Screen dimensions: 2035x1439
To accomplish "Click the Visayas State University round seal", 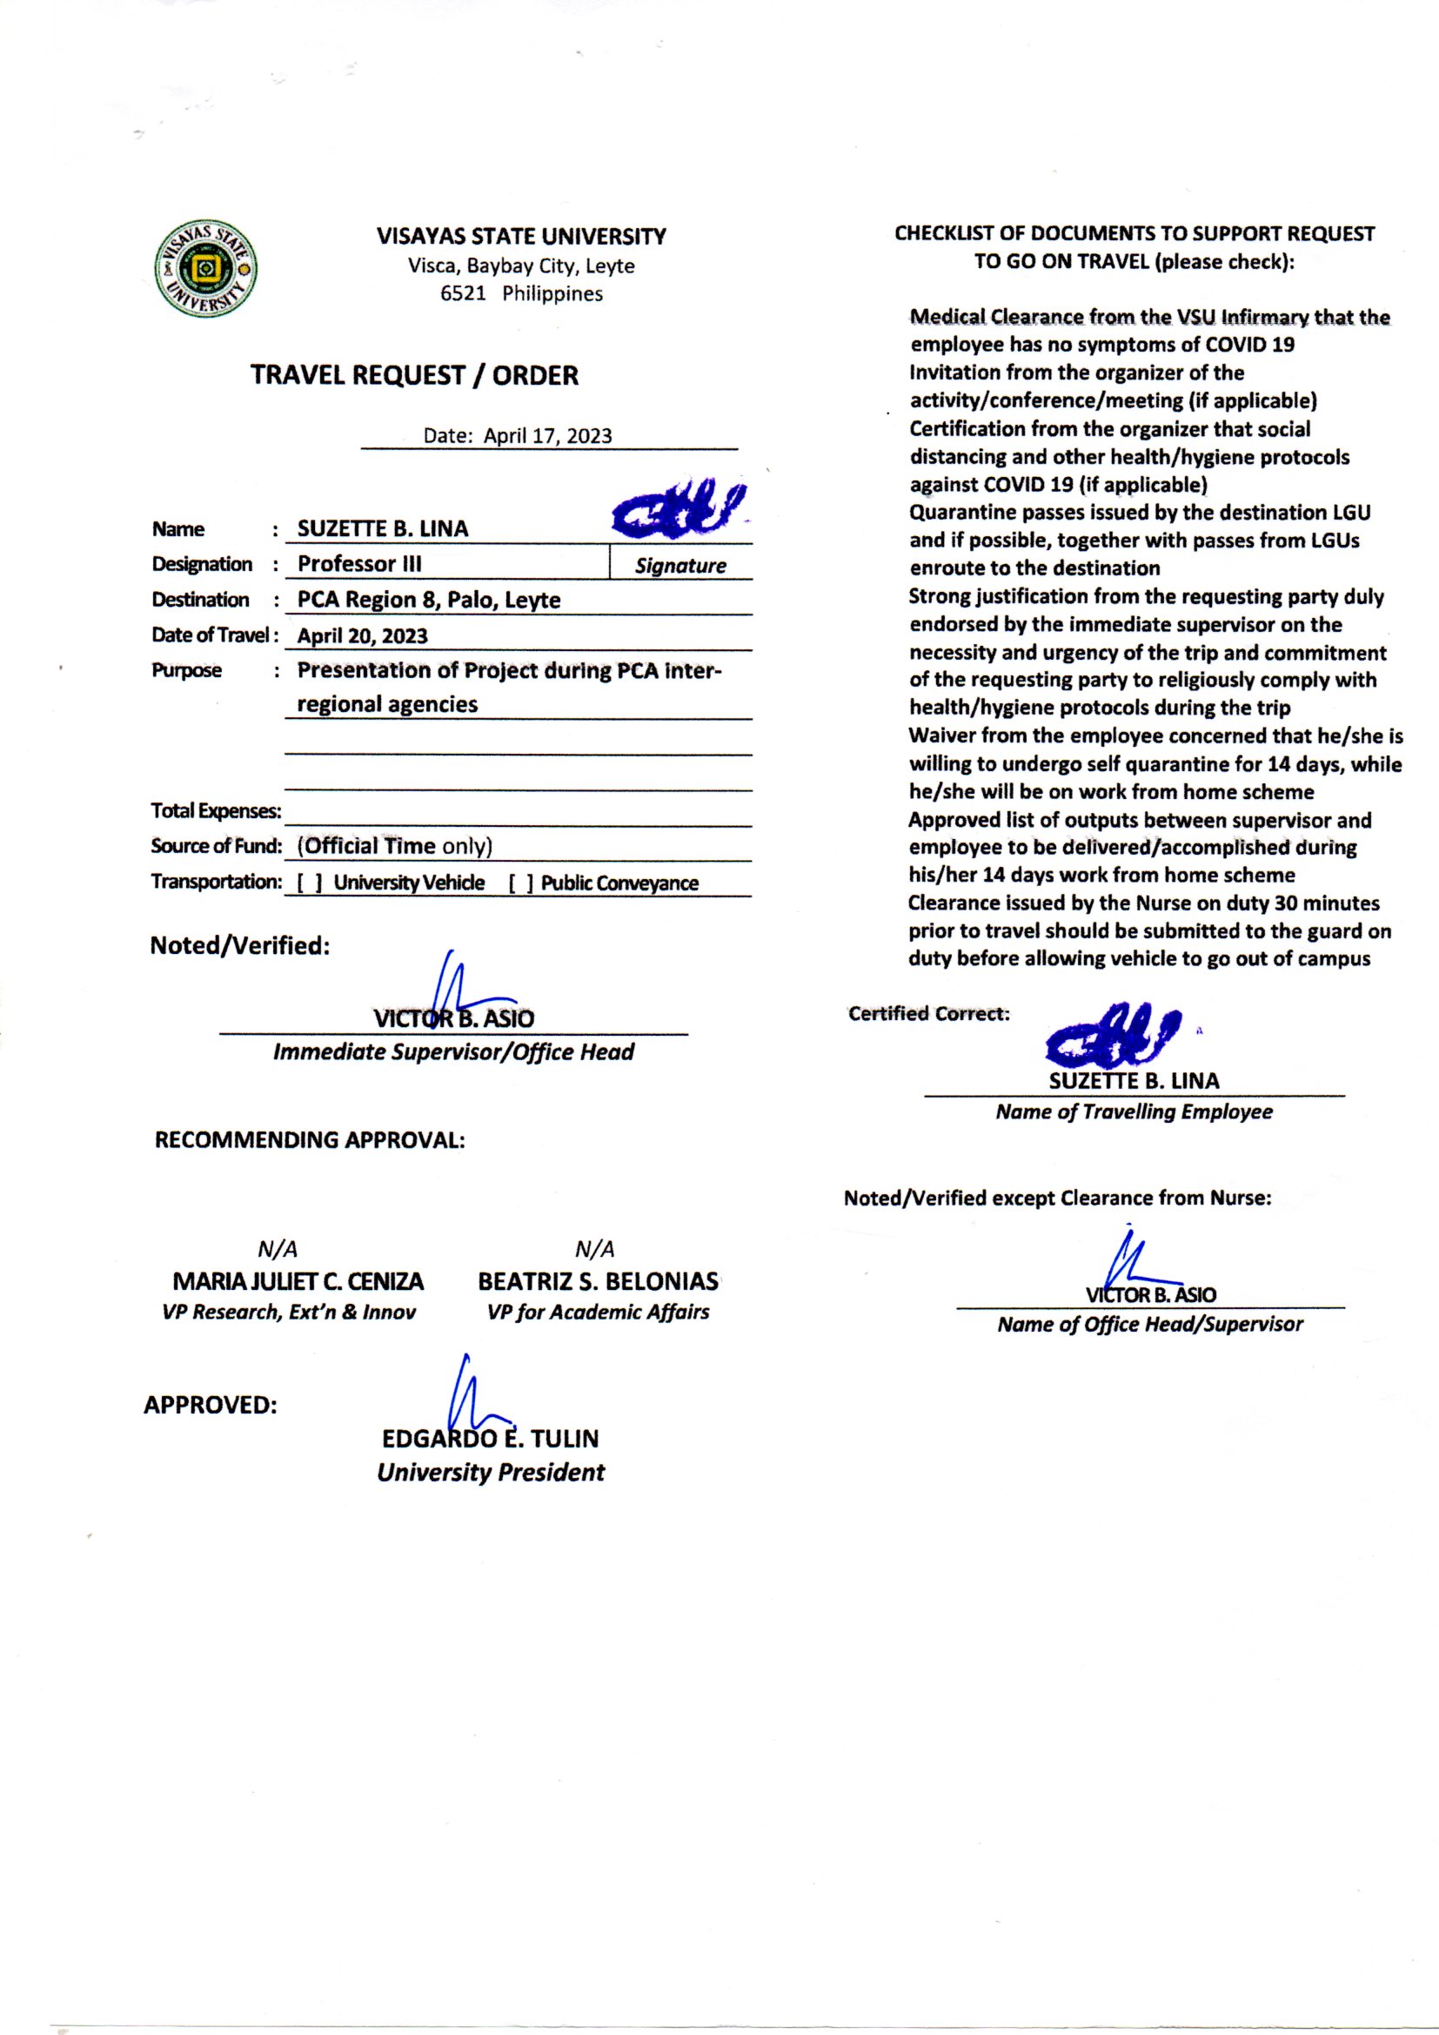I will tap(205, 269).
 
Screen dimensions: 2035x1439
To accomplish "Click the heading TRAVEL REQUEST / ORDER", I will tap(414, 376).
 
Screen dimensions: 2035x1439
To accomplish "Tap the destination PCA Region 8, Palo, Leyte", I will tap(428, 600).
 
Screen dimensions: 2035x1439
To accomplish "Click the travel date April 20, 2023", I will tap(362, 636).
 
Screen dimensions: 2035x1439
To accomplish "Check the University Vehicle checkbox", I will tap(309, 883).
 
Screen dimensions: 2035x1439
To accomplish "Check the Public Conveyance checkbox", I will tap(520, 883).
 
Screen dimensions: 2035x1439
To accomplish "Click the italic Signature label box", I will tap(679, 566).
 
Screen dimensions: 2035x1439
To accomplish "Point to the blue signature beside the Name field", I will tap(677, 513).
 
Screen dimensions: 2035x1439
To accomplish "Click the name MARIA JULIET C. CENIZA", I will tap(298, 1281).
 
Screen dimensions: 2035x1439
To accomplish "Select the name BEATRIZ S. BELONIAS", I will tap(598, 1281).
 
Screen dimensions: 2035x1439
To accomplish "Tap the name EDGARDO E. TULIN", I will tap(490, 1439).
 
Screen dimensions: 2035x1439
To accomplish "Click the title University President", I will tap(490, 1473).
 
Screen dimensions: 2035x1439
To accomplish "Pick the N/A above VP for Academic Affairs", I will tap(594, 1250).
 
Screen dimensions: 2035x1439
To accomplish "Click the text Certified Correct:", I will tap(928, 1014).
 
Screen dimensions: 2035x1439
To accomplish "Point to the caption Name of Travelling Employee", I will tap(1134, 1112).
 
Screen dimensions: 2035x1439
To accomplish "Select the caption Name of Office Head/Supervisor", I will tap(1149, 1325).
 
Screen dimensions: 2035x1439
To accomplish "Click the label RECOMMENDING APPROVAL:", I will tap(309, 1141).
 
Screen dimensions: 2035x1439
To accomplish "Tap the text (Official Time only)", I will tap(394, 846).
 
